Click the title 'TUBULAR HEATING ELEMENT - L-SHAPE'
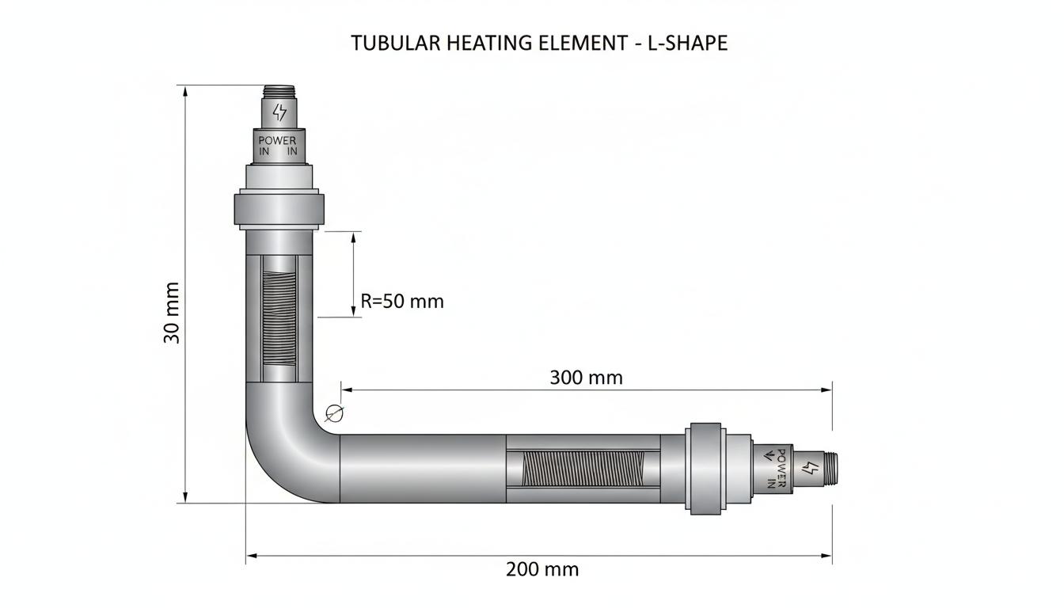[539, 43]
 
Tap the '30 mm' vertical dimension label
[172, 313]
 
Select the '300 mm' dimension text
[586, 378]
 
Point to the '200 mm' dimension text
[542, 569]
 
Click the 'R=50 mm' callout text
[402, 301]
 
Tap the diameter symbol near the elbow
[334, 413]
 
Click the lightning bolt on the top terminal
[279, 112]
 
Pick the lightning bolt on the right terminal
[810, 468]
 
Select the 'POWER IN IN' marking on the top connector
[278, 146]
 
